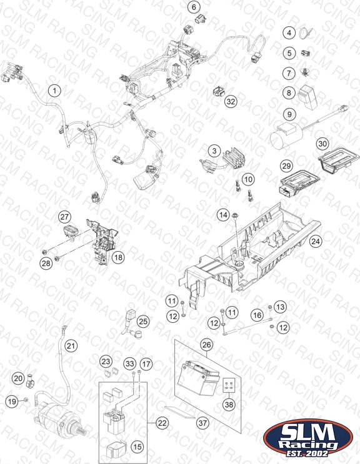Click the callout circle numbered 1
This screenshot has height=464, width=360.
[x=54, y=91]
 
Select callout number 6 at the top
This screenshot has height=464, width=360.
[x=194, y=7]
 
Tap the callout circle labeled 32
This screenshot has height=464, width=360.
[x=231, y=102]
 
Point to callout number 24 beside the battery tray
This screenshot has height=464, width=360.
[x=315, y=242]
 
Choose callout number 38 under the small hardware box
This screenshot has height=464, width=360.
[x=229, y=404]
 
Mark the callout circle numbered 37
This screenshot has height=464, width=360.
[x=202, y=423]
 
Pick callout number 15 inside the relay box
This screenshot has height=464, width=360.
[x=137, y=447]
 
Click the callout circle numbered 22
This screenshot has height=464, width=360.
[x=162, y=423]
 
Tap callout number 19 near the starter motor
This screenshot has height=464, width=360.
[x=12, y=402]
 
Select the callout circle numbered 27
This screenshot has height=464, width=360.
[x=64, y=217]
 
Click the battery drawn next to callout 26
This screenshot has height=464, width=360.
[x=198, y=378]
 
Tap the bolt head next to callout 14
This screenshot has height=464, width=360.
[x=236, y=214]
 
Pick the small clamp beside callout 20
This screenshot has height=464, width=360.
[x=30, y=380]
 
